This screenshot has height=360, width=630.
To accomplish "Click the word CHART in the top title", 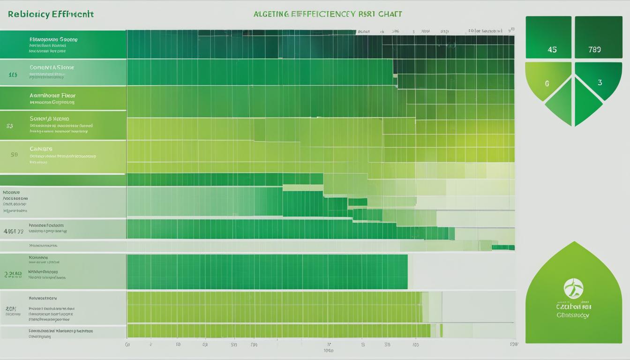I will click(390, 14).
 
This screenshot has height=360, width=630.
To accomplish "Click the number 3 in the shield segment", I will click(600, 82).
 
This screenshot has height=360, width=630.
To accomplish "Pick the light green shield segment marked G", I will click(547, 83).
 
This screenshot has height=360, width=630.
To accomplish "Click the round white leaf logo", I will click(574, 288).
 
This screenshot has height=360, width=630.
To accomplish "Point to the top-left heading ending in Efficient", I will click(51, 14).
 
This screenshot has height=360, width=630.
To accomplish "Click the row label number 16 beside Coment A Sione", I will click(13, 74).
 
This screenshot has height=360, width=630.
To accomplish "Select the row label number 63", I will click(10, 126).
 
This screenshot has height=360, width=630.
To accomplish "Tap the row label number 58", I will click(14, 154).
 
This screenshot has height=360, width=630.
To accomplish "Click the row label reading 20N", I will click(11, 309).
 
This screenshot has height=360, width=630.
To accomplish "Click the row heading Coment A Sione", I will click(52, 67).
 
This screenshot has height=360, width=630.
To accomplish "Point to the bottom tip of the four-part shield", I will click(574, 126).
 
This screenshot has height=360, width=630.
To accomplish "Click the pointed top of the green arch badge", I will click(574, 243).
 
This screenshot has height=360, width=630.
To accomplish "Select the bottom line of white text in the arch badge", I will click(573, 315).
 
